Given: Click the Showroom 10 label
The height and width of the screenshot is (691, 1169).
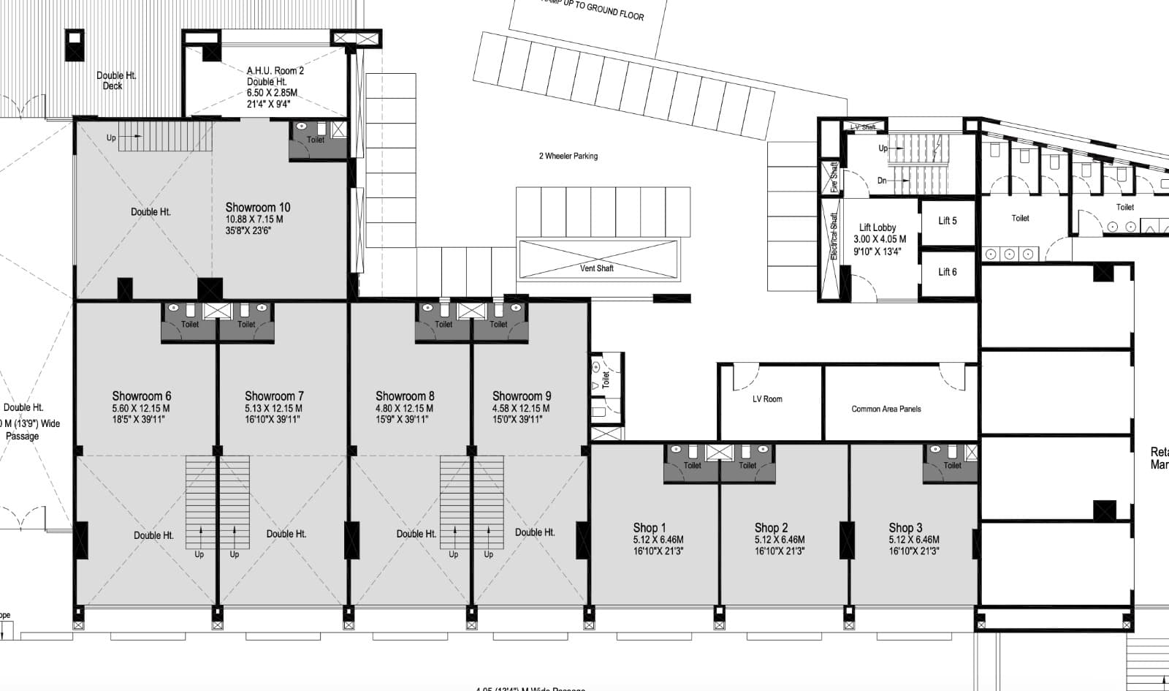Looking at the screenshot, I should pos(257,208).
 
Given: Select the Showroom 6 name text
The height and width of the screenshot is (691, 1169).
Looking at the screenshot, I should pos(142,396).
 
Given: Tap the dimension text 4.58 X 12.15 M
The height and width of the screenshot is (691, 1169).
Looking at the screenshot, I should pos(521,409).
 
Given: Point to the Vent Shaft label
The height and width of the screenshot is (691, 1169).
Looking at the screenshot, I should pos(596,268).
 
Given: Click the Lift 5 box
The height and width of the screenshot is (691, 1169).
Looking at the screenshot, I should pos(947,221).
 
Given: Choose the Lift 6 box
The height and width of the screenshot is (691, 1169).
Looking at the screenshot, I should pos(947,272).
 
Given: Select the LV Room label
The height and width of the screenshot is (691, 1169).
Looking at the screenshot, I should pos(767,399).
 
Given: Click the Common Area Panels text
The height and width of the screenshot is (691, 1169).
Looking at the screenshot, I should pos(886,409).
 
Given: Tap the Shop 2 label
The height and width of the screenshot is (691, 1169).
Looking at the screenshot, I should pos(771,528).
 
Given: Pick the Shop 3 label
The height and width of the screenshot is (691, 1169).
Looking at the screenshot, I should pos(905,528).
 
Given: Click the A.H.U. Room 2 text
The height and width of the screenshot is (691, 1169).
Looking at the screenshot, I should pos(275,71).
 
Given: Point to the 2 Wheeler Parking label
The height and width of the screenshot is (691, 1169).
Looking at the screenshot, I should pos(568,156).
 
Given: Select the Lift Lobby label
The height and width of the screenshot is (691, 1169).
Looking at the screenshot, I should pos(877,227).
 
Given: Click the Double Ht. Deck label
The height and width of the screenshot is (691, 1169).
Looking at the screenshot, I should pos(115,80).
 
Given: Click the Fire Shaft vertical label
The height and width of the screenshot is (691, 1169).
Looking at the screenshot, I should pos(834,178).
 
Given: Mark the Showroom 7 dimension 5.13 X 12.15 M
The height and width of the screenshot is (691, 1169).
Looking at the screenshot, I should pos(273,409).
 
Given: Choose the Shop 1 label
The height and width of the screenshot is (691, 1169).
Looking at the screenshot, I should pos(649,528).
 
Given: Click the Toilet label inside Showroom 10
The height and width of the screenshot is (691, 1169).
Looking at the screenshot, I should pos(315,140).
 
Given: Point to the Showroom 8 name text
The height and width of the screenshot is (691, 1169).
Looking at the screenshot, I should pos(405,396).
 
